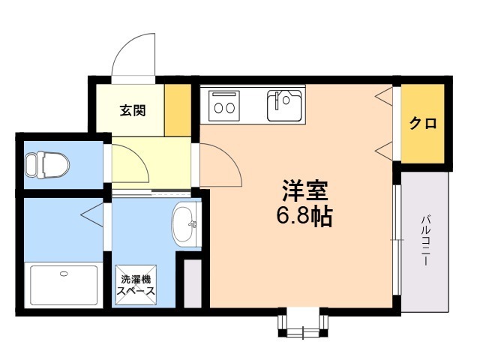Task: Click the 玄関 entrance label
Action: point(133,111)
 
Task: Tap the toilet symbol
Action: point(46,163)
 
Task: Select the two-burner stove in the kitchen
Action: point(224,103)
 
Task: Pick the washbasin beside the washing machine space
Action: point(184,223)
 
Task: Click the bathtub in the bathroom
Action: point(63,285)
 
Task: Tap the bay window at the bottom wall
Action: point(304,322)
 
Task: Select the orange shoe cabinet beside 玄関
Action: point(178,111)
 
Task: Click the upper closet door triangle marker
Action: point(384,96)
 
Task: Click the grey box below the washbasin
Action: point(193,282)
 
